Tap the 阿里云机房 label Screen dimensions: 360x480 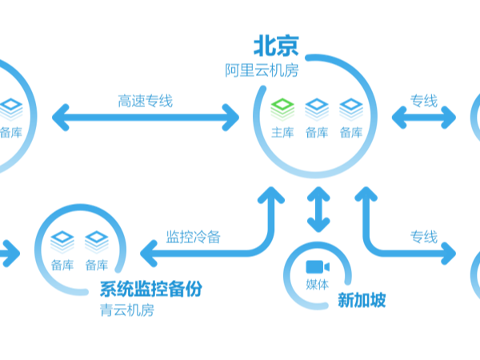tap(262, 70)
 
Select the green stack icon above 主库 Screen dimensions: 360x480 tap(283, 107)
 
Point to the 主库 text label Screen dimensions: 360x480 tap(283, 132)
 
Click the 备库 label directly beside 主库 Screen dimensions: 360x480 tap(317, 132)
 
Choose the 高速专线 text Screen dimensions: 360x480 tap(145, 102)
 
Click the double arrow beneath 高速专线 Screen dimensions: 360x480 tap(146, 118)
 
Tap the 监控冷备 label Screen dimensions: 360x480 tap(193, 237)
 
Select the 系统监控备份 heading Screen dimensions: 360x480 tap(150, 289)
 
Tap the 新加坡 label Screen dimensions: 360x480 tap(362, 301)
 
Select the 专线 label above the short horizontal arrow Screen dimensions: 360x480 tap(424, 101)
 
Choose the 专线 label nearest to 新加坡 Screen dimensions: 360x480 tap(424, 237)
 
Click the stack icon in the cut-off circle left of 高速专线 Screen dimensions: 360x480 tap(11, 107)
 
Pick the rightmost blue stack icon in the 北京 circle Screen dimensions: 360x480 tap(351, 107)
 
